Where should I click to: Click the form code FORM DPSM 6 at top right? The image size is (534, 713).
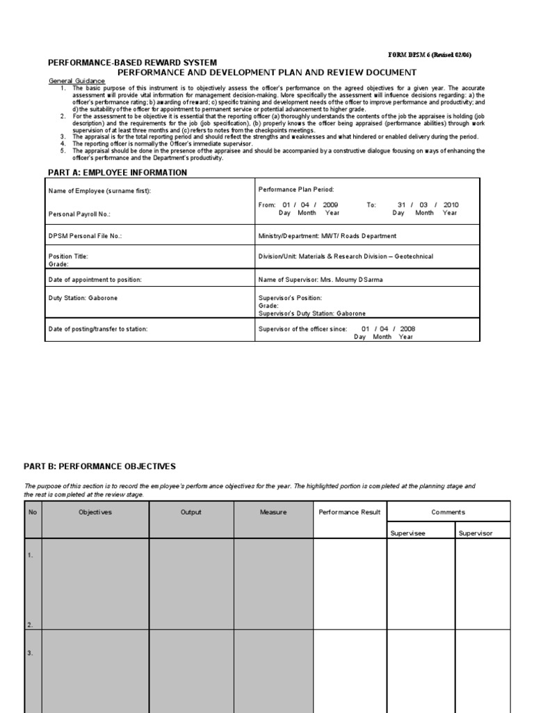(432, 55)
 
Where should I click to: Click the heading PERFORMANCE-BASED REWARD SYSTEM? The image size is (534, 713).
(132, 63)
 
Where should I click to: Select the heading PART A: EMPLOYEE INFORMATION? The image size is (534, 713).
(117, 173)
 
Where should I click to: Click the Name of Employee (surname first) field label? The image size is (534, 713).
(99, 190)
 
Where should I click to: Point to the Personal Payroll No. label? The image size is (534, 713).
(79, 214)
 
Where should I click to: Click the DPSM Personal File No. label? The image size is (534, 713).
(85, 236)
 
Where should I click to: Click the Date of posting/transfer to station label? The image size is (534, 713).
(97, 329)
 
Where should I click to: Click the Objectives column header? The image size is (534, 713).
(95, 512)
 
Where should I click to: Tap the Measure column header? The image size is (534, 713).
(273, 512)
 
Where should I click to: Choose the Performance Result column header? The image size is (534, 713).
(349, 512)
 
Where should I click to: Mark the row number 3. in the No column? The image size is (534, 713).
(31, 653)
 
